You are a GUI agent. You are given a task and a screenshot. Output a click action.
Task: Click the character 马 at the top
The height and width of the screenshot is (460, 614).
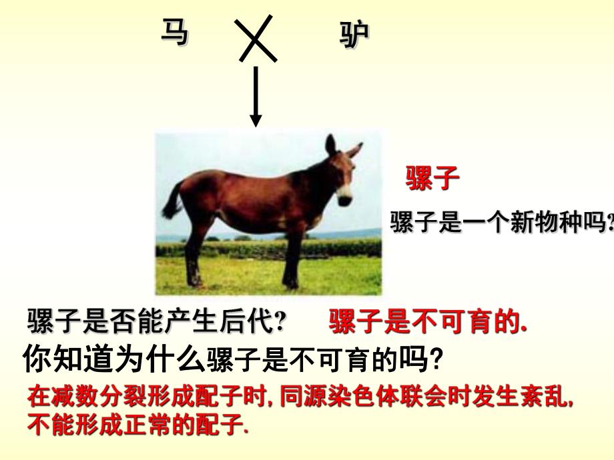[x=174, y=32]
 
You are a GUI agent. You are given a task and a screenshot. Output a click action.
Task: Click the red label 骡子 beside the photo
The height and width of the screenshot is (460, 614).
[x=433, y=179]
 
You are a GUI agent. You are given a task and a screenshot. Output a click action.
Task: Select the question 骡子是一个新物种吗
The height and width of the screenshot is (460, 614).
[x=501, y=222]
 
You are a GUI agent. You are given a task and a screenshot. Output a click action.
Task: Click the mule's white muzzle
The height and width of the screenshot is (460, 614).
[x=344, y=193]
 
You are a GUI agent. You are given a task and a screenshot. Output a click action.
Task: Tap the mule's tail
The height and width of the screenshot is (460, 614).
[x=172, y=200]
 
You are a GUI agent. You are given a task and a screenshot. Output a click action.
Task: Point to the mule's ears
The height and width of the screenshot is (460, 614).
[x=340, y=147]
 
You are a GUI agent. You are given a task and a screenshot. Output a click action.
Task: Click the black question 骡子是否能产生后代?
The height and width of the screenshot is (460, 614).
[x=157, y=323]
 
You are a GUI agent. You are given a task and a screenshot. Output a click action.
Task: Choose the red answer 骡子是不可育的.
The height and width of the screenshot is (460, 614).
[x=428, y=323]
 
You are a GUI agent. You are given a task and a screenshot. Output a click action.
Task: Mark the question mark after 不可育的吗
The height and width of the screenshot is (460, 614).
[x=434, y=361]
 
